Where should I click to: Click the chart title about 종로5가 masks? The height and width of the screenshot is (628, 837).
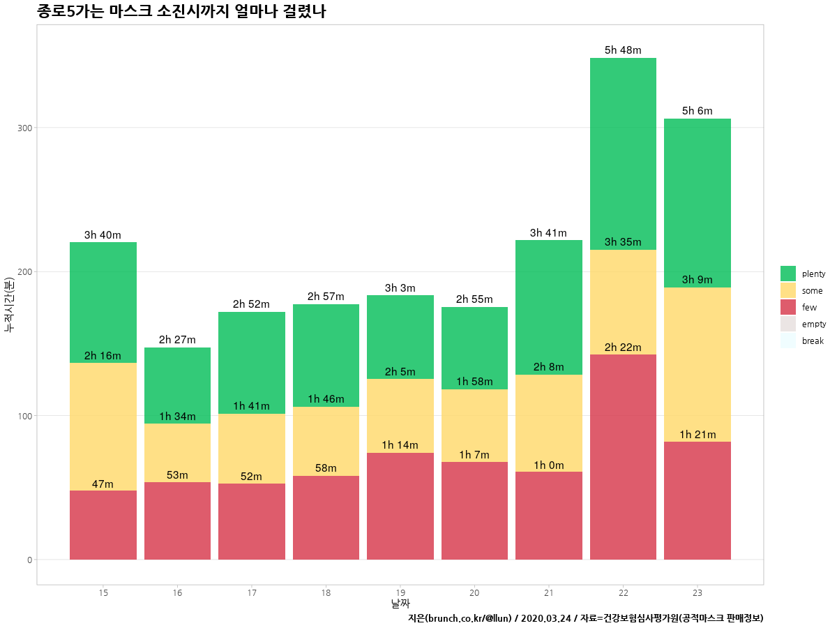181,12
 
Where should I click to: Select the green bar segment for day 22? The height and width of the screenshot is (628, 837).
623,154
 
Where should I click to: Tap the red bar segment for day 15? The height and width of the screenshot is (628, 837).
103,525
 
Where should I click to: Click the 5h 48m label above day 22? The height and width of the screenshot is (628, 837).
623,50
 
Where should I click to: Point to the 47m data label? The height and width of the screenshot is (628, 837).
103,484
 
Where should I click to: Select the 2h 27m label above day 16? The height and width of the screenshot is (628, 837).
177,340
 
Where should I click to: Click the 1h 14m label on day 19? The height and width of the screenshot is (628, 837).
400,445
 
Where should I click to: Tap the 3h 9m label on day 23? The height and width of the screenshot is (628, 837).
697,280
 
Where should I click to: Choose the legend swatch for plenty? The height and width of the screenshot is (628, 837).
788,274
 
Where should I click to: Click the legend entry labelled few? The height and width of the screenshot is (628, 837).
809,307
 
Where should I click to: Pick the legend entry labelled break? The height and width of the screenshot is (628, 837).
813,341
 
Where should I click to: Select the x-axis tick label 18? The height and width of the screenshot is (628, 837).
326,592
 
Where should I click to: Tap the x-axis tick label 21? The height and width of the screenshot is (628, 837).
549,592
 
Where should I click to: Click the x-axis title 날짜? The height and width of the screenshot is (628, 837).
400,603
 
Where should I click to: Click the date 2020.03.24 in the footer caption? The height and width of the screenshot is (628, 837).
545,618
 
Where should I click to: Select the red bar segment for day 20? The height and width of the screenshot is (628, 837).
474,511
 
